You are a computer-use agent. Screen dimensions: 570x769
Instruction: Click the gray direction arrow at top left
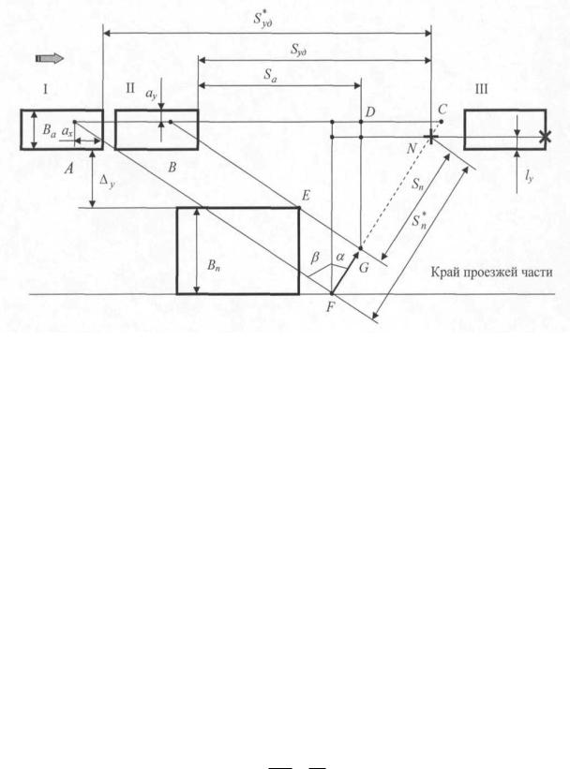click(x=50, y=58)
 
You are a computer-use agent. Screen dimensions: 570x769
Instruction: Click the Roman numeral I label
click(x=45, y=89)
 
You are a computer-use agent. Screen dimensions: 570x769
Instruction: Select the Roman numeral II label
click(x=130, y=88)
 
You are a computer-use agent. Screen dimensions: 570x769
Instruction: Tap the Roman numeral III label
click(x=482, y=89)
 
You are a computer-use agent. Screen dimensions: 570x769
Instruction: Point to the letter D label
click(x=370, y=112)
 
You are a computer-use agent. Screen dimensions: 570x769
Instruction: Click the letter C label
click(x=442, y=110)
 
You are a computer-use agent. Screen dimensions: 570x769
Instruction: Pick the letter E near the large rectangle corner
click(x=306, y=196)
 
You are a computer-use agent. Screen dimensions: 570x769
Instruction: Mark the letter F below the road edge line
click(x=330, y=308)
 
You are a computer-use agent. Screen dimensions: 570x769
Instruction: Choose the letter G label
click(x=364, y=268)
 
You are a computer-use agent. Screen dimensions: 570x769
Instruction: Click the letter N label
click(x=412, y=148)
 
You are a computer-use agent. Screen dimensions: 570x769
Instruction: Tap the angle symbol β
click(x=315, y=257)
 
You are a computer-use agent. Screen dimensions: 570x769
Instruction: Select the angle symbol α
click(x=340, y=256)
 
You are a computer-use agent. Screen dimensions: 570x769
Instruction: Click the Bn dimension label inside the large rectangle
click(x=214, y=266)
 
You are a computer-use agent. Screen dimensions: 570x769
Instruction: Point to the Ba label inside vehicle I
click(x=49, y=130)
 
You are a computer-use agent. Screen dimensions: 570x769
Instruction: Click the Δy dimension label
click(x=107, y=182)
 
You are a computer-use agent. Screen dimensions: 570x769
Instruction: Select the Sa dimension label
click(x=270, y=75)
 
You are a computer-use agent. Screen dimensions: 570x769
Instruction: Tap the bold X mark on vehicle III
click(x=545, y=137)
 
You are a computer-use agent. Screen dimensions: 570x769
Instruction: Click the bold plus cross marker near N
click(x=430, y=138)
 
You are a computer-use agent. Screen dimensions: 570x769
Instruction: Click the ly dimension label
click(x=529, y=176)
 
